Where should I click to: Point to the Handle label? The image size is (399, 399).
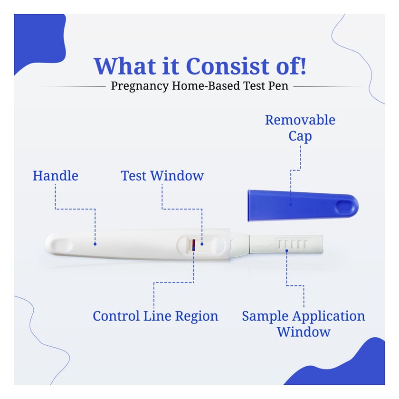pyautogui.click(x=55, y=176)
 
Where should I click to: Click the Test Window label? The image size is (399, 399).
pyautogui.click(x=162, y=176)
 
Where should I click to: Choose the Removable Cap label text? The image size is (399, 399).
pyautogui.click(x=300, y=128)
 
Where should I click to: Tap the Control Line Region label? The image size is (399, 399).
pyautogui.click(x=155, y=316)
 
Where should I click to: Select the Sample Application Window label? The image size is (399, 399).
pyautogui.click(x=303, y=323)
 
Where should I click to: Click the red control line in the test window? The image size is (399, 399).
pyautogui.click(x=193, y=245)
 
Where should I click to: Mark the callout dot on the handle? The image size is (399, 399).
pyautogui.click(x=95, y=244)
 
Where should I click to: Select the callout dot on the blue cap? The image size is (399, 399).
pyautogui.click(x=291, y=205)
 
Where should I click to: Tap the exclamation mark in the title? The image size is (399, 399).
pyautogui.click(x=300, y=66)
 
